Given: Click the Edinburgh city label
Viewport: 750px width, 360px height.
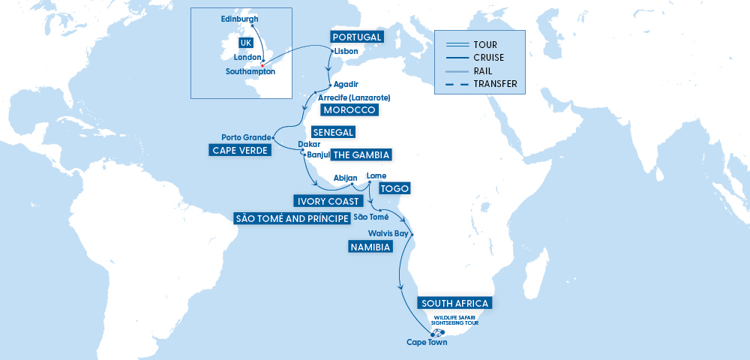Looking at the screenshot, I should [240, 19].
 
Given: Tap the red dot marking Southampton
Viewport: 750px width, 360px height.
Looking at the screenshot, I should [262, 64].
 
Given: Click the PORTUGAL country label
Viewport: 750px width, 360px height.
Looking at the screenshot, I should [357, 37].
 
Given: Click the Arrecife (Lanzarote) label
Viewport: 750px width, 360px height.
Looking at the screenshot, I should [354, 97].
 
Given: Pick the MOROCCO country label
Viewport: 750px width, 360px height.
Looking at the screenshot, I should [349, 110].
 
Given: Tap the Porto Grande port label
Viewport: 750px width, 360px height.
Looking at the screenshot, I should [245, 137].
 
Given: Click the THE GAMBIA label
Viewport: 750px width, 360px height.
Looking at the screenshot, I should [361, 155].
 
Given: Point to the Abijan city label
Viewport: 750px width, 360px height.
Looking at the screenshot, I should [345, 178].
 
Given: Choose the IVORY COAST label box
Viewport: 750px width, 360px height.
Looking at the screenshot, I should [322, 201].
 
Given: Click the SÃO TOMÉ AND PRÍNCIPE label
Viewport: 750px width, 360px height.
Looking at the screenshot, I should [292, 218].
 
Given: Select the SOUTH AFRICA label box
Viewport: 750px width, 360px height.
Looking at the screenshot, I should [455, 303].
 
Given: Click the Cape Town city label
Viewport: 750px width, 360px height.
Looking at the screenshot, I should [427, 343].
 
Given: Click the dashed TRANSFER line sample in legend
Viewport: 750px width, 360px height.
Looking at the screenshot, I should [457, 83].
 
